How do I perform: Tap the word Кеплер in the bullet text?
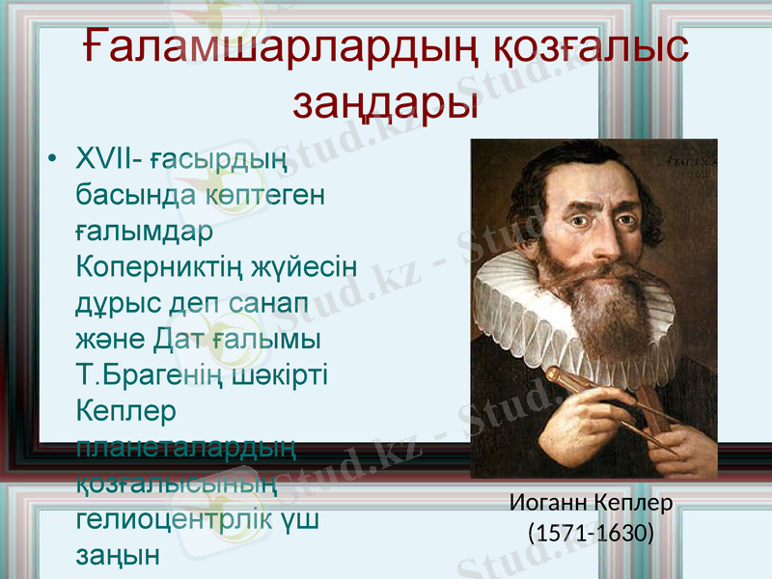point(125,411)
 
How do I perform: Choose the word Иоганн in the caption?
point(547,504)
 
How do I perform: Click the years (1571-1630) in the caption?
point(591,532)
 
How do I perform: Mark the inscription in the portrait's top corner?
point(689,164)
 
